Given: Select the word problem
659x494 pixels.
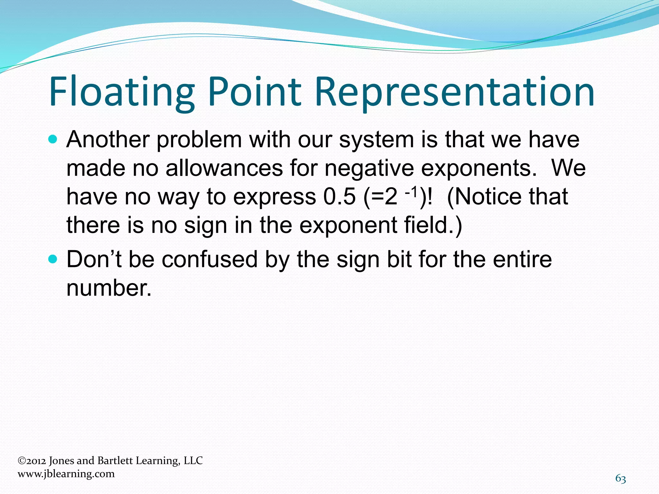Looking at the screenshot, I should click(x=199, y=140).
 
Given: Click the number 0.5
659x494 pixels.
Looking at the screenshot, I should click(x=339, y=197).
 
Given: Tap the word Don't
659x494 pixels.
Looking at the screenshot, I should click(x=94, y=259).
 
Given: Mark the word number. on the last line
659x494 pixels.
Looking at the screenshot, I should click(x=109, y=288).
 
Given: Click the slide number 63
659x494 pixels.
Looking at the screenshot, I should click(x=621, y=479).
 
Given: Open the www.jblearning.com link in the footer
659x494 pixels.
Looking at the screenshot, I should click(x=66, y=474).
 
